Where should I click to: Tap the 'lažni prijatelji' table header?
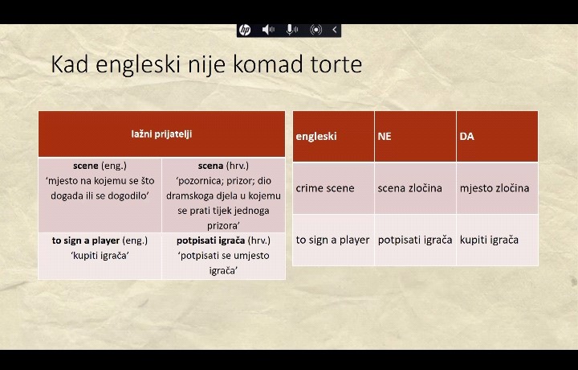(x=161, y=134)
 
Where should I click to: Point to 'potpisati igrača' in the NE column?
(x=415, y=240)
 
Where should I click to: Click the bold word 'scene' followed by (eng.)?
(x=86, y=166)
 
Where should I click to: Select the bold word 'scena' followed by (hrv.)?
(x=210, y=166)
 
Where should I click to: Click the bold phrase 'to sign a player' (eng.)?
(x=86, y=240)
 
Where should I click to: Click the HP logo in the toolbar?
(x=245, y=30)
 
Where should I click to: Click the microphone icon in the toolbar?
(x=291, y=30)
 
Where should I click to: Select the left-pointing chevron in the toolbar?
(x=334, y=30)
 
